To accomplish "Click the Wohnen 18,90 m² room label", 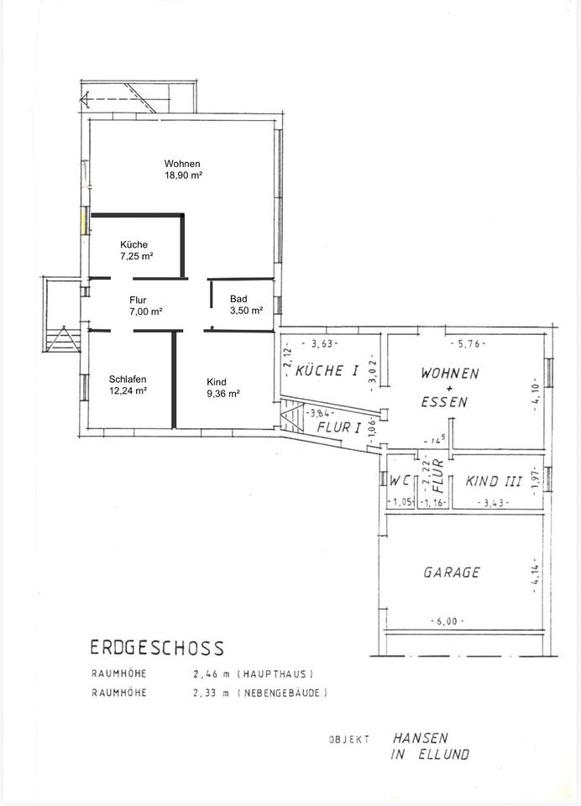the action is coord(182,169).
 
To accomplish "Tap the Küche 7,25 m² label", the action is coord(136,250).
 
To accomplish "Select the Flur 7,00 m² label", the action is coord(146,306).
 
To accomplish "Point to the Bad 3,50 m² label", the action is coord(246,304).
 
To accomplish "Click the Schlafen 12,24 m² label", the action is coord(128,385).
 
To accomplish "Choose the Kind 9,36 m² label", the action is coord(223,388).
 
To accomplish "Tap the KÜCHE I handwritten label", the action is coord(327,370).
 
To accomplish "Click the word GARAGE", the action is coord(452,572).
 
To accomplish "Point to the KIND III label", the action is coord(493,482).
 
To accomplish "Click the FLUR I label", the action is coord(339,427).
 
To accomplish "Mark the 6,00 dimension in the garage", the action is coord(447,621).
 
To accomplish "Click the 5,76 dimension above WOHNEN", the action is coord(468,344).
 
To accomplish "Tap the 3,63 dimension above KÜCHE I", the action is coord(321,344).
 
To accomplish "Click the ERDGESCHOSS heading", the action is coord(157,647).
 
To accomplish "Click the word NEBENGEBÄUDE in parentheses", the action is coord(281,693).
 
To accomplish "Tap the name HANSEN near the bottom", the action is coord(420,738).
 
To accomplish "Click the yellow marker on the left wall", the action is coord(84,221).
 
